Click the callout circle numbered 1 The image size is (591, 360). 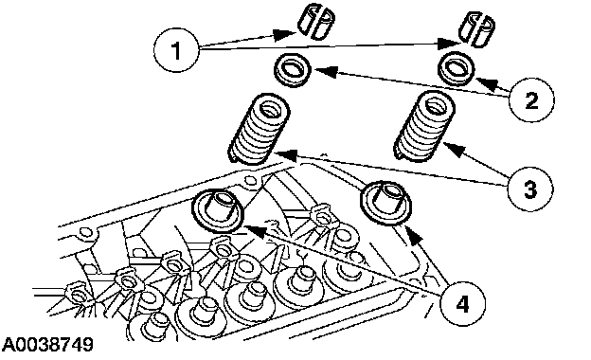[176, 50]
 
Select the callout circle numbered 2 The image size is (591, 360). [531, 100]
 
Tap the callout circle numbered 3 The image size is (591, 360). [530, 189]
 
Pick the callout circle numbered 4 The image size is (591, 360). [462, 303]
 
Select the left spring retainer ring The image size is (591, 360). [293, 70]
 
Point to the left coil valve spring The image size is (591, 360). [259, 129]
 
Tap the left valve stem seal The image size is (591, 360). [218, 210]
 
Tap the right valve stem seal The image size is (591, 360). [386, 204]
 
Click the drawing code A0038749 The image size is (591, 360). [47, 345]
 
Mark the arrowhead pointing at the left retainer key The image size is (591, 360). [284, 34]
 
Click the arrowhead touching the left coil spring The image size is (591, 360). [285, 154]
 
